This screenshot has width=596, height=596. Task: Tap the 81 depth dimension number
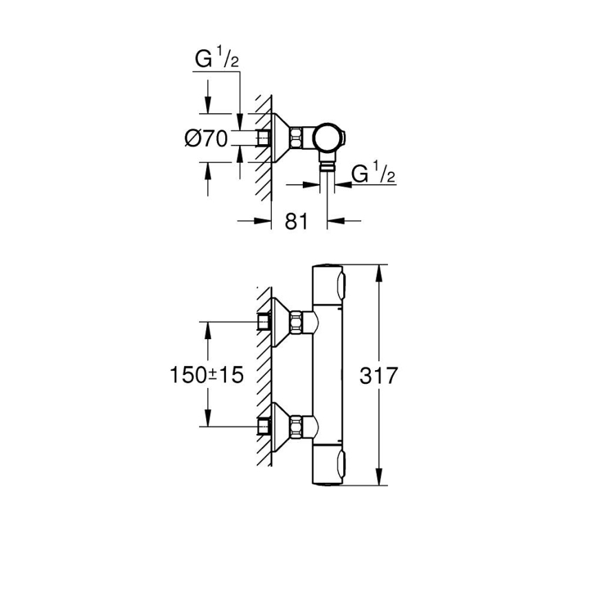tap(296, 222)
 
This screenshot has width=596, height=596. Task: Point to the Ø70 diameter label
tap(206, 138)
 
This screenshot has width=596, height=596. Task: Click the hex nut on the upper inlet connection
tap(297, 321)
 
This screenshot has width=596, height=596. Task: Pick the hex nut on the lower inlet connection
tap(297, 426)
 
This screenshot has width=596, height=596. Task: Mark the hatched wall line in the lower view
tap(262, 374)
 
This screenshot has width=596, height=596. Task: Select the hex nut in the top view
tap(297, 137)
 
